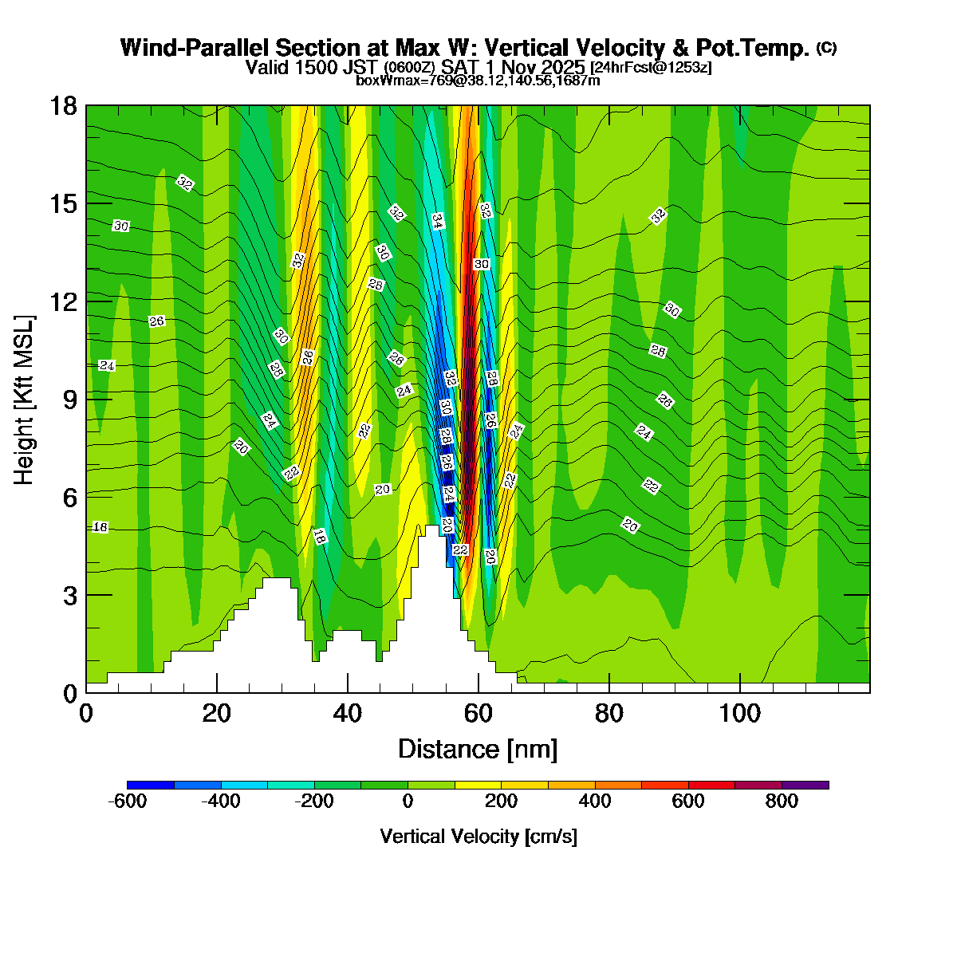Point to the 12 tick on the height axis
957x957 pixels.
click(86, 301)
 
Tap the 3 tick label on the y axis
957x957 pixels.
click(70, 595)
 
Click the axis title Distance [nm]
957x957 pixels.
click(477, 749)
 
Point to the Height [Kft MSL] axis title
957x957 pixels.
click(25, 400)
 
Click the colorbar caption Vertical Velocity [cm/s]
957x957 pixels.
click(478, 837)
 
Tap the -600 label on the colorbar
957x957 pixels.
click(127, 801)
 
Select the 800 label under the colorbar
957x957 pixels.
click(782, 801)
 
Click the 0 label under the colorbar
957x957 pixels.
click(408, 801)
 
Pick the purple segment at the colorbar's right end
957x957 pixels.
click(805, 785)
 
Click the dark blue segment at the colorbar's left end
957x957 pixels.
click(151, 785)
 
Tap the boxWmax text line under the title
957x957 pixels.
click(478, 80)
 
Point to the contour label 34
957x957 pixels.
click(437, 221)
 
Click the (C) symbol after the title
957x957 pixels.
click(826, 48)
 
